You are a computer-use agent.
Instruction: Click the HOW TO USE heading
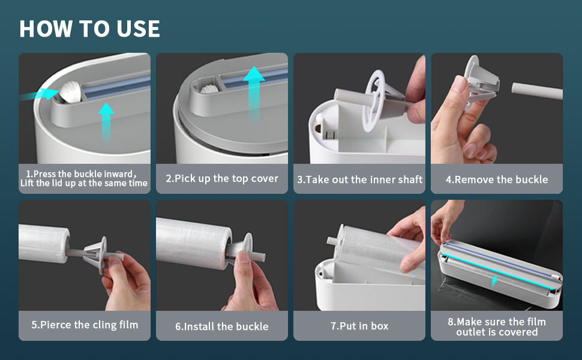click(89, 29)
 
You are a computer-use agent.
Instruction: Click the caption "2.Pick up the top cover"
click(222, 178)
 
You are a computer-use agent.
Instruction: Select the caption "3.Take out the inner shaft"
click(359, 179)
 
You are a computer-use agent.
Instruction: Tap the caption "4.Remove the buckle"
click(497, 179)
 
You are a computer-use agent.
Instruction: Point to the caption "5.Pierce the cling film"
click(85, 325)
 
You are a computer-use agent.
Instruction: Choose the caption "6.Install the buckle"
click(222, 326)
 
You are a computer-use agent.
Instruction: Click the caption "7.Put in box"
click(359, 326)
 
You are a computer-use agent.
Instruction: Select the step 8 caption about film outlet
click(497, 326)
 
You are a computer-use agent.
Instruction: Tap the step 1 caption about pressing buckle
click(84, 179)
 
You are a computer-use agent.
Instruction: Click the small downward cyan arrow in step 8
click(494, 280)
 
